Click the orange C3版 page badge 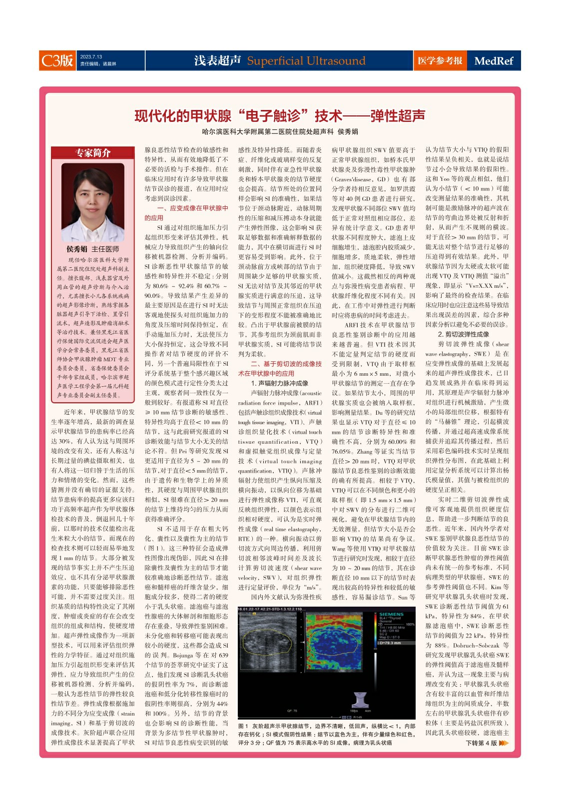(x=57, y=60)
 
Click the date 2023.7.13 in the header (x=91, y=57)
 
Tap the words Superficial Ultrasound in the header (x=306, y=61)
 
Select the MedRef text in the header (x=493, y=61)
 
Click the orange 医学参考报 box (x=440, y=60)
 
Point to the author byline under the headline (x=280, y=132)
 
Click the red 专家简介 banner (x=93, y=153)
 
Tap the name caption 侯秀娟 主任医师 (x=93, y=249)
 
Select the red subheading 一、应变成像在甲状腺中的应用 (x=186, y=213)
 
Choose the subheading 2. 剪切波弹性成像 (x=463, y=334)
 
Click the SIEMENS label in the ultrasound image (x=391, y=614)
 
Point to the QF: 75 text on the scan (x=292, y=711)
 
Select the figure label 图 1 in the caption (x=243, y=726)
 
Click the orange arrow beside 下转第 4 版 (x=504, y=743)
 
